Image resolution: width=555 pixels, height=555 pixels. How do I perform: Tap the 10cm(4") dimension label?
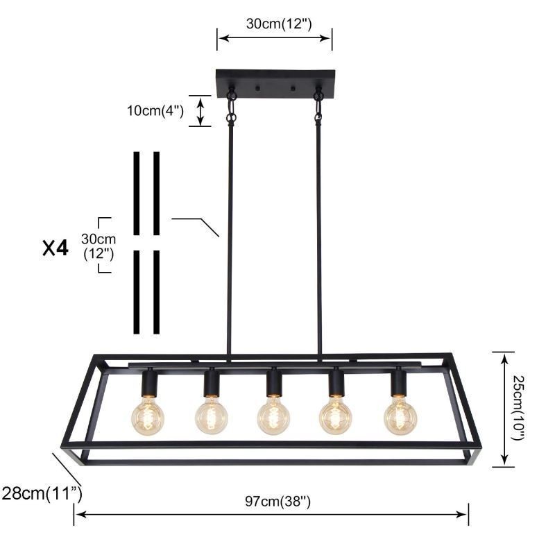pyautogui.click(x=155, y=111)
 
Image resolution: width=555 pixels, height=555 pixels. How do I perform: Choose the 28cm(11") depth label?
pyautogui.click(x=42, y=494)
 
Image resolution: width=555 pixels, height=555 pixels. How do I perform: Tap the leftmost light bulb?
pyautogui.click(x=148, y=416)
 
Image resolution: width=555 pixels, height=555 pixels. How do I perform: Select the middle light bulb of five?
pyautogui.click(x=274, y=416)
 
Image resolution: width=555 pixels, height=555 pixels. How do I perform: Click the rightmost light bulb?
pyautogui.click(x=400, y=416)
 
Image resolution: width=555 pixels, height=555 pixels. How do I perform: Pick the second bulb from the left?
pyautogui.click(x=211, y=416)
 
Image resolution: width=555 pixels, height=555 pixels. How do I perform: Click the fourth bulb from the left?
pyautogui.click(x=336, y=416)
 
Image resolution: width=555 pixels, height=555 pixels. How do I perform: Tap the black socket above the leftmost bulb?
pyautogui.click(x=148, y=382)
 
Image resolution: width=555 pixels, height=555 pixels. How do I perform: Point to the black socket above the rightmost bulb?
pyautogui.click(x=398, y=382)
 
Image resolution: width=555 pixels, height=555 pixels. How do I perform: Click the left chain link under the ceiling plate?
pyautogui.click(x=231, y=108)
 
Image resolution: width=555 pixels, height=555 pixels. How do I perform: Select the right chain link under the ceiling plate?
pyautogui.click(x=318, y=108)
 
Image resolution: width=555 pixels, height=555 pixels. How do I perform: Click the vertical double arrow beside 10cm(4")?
pyautogui.click(x=200, y=111)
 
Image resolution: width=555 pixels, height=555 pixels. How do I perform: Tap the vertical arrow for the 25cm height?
pyautogui.click(x=504, y=409)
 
